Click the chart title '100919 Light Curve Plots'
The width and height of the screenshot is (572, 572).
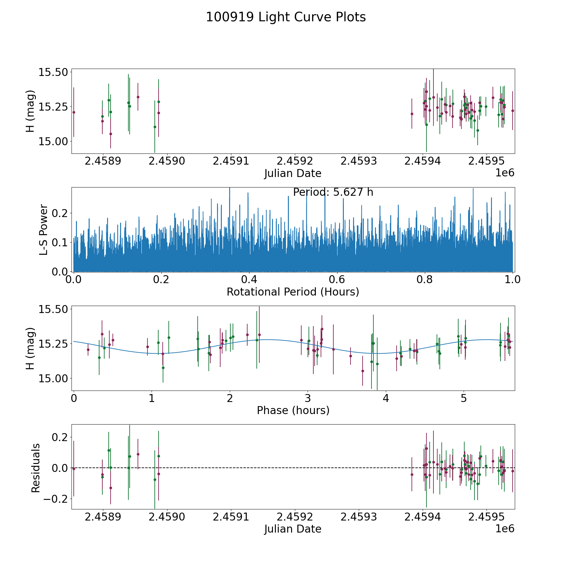286,17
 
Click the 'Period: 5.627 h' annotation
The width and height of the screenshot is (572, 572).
333,192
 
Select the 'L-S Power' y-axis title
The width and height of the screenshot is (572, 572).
44,230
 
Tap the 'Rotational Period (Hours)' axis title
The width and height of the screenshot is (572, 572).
293,292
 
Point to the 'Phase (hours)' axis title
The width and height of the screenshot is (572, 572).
293,410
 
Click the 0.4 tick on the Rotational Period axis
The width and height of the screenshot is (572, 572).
249,280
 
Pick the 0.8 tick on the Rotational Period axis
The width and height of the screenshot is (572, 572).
425,280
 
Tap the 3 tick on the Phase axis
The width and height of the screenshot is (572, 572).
308,398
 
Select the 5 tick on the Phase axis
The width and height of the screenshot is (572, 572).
464,398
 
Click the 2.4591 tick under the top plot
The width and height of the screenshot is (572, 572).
231,161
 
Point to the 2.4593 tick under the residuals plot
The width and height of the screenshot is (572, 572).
358,517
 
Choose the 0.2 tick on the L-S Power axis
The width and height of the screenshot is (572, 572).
61,213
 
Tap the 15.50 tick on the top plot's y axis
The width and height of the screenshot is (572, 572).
53,72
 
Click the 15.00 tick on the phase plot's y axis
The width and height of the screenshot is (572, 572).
53,378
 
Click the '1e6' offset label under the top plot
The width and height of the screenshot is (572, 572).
505,173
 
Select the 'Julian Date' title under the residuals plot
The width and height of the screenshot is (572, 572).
293,529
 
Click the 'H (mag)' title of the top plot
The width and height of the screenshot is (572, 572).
30,111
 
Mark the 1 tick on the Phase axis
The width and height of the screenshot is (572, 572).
152,398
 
